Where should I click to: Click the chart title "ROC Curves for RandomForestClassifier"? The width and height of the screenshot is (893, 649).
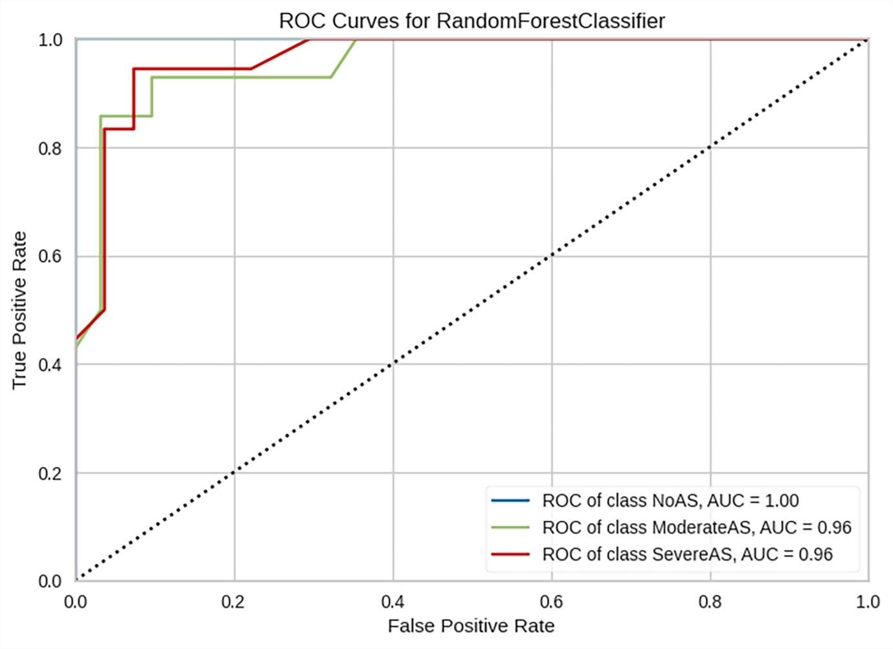coord(471,21)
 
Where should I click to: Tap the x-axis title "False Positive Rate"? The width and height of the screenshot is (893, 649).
coord(471,626)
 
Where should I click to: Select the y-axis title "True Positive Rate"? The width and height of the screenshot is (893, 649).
coord(19,310)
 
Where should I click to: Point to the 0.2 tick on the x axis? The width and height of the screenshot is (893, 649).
coord(233,602)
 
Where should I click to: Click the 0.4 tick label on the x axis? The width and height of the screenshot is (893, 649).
coord(392,602)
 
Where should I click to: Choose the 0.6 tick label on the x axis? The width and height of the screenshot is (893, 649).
coord(550,602)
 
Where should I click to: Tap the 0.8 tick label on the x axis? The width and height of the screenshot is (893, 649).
coord(709,602)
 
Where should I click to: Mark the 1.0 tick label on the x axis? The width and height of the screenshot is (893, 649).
coord(867,602)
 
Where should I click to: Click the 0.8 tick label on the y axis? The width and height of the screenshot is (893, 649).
coord(50,148)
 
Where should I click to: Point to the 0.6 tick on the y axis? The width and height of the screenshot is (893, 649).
coord(50,256)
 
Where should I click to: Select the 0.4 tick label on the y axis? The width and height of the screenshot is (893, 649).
coord(50,365)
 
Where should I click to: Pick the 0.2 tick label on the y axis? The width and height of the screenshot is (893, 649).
coord(50,473)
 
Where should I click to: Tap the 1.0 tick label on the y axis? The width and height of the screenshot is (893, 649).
coord(50,40)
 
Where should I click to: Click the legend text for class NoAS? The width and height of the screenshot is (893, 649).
coord(670,501)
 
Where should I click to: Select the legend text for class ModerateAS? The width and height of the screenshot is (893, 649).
coord(696,527)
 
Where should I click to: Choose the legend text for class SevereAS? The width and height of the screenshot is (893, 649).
coord(687,554)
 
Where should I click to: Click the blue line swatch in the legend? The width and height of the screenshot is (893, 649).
coord(510,501)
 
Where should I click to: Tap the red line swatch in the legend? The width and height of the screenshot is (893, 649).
coord(510,554)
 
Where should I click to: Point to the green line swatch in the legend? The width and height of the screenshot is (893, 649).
coord(510,527)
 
